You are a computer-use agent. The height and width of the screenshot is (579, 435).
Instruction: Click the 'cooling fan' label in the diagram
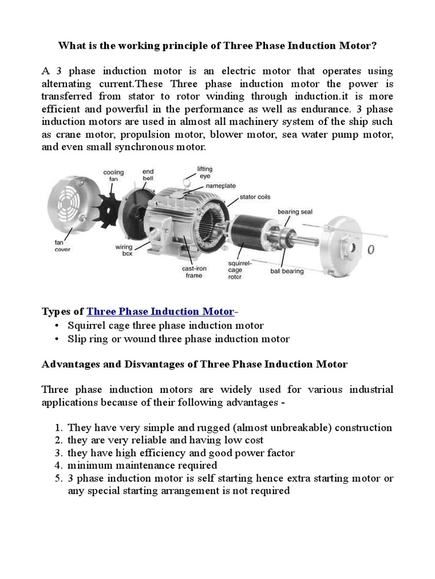point(113,175)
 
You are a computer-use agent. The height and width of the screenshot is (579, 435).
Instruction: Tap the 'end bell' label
point(148,174)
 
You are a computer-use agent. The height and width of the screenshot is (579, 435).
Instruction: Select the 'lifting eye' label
point(204,172)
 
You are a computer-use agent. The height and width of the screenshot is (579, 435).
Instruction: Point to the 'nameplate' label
point(221,185)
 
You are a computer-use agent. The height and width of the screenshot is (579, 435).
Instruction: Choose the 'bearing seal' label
point(295,211)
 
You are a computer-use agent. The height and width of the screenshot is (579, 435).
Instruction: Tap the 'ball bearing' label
point(289,271)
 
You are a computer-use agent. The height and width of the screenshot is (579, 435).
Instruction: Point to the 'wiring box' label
point(124,250)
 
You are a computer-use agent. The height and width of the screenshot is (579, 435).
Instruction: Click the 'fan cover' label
point(62,246)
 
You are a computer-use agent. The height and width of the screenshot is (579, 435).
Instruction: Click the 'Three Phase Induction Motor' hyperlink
point(160,312)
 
